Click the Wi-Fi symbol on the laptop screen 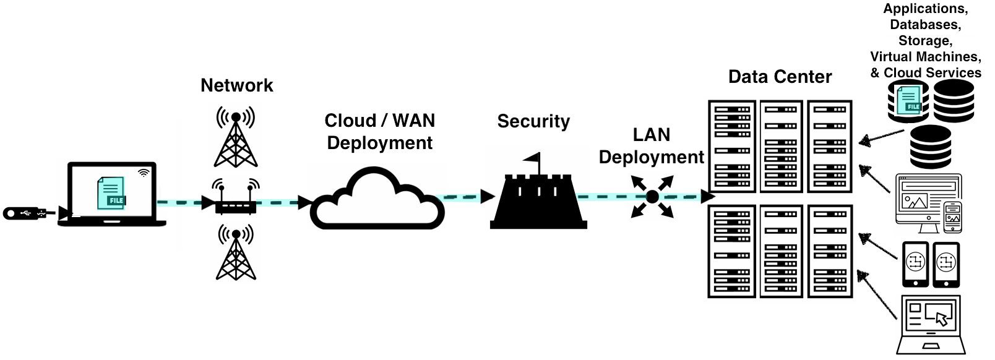144,173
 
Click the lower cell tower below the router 236,254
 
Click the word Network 236,85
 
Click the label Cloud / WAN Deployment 380,131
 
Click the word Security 533,121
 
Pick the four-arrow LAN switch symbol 652,197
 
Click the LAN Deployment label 651,146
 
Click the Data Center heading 780,77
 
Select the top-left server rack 732,147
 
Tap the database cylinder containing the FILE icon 908,101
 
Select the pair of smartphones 931,264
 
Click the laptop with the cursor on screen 931,324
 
